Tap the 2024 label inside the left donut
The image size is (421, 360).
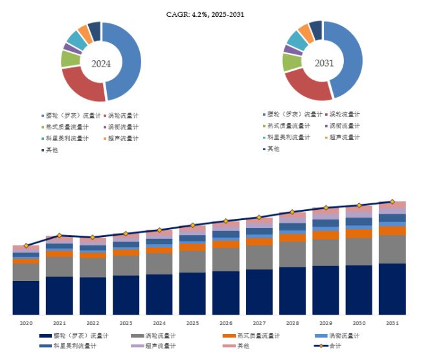(101, 63)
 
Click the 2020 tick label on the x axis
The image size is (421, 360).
(26, 322)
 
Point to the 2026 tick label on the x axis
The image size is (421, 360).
(226, 322)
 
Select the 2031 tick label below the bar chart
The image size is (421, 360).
(393, 322)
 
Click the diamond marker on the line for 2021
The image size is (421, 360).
(60, 236)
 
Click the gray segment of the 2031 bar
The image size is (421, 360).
(393, 249)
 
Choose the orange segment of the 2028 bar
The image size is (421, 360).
(293, 238)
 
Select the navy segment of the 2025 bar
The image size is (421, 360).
(192, 293)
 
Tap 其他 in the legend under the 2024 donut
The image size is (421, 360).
(55, 150)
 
